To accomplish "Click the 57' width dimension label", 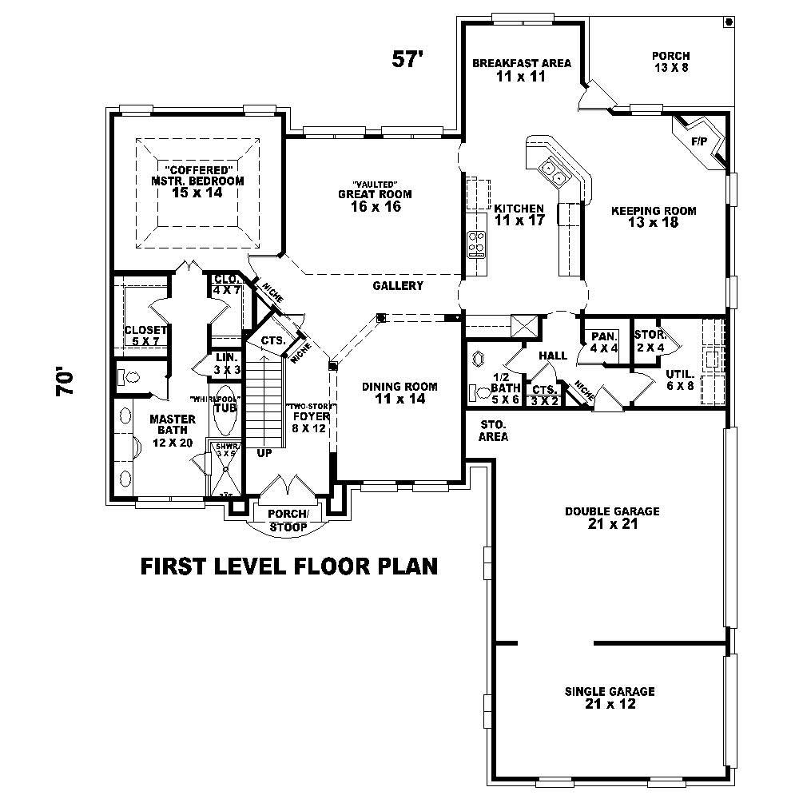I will coord(406,59).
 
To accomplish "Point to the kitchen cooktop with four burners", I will coord(477,242).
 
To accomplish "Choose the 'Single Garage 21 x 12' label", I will coord(609,698).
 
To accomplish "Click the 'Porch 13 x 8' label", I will coord(670,62).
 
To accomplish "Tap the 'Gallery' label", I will coord(397,286).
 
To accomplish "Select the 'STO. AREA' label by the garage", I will coord(493,430).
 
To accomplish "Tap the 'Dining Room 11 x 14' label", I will coord(399,392).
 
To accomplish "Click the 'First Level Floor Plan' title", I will coord(289,566).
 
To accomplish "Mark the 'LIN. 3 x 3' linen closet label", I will coord(223,364).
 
